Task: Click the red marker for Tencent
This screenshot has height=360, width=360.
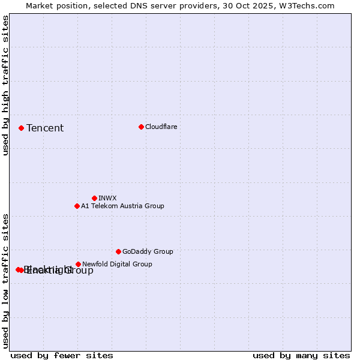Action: (x=21, y=128)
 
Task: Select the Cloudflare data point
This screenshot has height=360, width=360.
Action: (x=141, y=127)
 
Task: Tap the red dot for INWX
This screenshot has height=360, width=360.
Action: (x=94, y=198)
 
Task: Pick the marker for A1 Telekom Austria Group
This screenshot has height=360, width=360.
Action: (x=77, y=206)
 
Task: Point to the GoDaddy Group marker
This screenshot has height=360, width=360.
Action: (x=118, y=251)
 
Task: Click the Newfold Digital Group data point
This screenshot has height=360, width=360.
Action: (x=78, y=264)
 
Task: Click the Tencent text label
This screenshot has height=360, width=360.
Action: (x=45, y=128)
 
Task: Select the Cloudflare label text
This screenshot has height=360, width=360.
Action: (x=161, y=127)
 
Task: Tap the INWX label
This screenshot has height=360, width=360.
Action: (x=107, y=198)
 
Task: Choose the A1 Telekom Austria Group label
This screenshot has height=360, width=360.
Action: (x=122, y=206)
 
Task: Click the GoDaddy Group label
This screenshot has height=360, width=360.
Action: (x=148, y=251)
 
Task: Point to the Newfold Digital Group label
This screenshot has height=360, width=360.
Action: (x=117, y=264)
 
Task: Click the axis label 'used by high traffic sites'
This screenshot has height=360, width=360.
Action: (x=6, y=86)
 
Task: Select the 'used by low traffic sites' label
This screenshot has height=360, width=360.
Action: (x=6, y=281)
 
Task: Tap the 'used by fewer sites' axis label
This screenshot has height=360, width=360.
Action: (x=62, y=355)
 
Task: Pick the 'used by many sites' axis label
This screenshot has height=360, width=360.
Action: (x=301, y=355)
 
